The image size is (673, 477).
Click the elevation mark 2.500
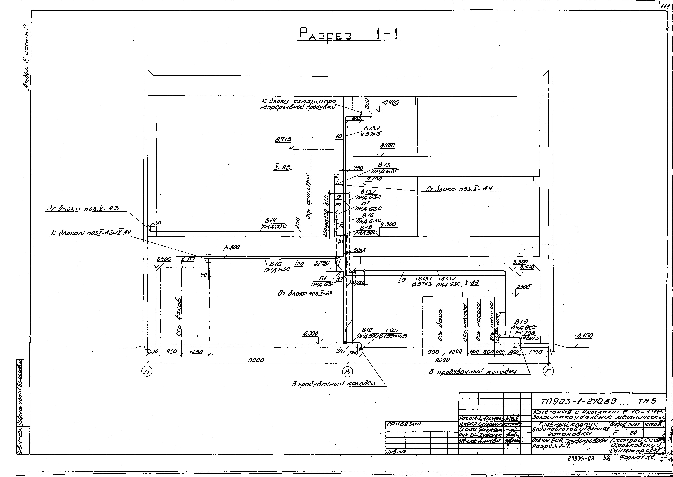[522, 287]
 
